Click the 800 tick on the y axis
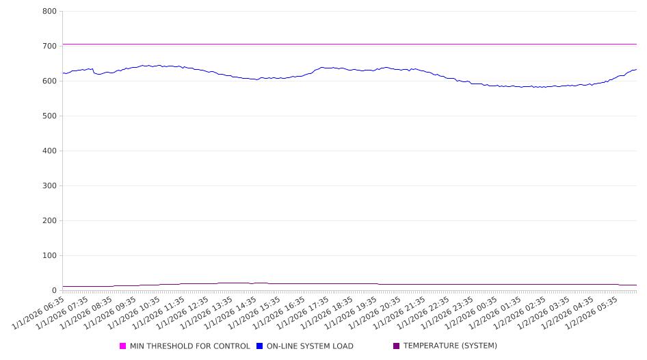coord(49,12)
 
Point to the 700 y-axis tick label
coord(49,47)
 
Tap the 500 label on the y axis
coord(49,116)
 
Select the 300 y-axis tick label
coord(49,186)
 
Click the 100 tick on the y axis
coord(49,256)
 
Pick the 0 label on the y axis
coord(54,291)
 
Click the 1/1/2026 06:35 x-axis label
coord(40,313)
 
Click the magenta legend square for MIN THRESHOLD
coord(123,346)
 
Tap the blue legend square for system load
coord(260,346)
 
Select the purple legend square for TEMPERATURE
coord(397,346)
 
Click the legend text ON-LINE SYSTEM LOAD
coord(310,346)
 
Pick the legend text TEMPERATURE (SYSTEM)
coord(450,346)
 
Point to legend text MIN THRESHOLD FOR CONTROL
coord(190,346)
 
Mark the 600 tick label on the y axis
coord(49,81)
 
